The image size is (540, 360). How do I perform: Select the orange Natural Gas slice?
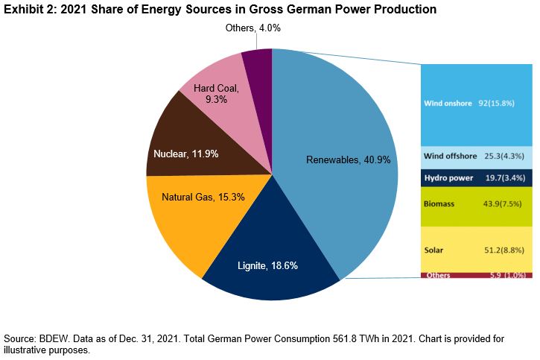[194, 216]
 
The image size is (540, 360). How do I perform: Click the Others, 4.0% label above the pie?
[253, 28]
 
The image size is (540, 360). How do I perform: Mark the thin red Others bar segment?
[477, 276]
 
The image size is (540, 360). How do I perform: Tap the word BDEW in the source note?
[51, 338]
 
